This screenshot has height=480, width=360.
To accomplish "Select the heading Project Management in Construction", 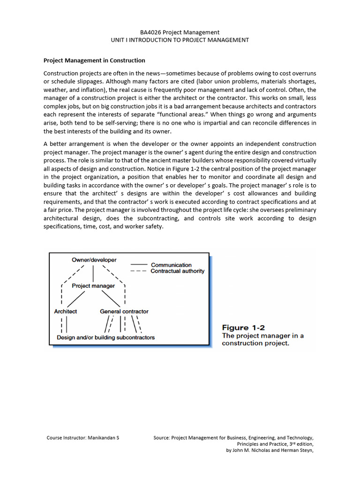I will [x=94, y=60].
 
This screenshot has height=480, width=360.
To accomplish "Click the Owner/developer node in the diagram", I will [x=94, y=260].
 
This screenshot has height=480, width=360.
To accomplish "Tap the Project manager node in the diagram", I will [x=93, y=285].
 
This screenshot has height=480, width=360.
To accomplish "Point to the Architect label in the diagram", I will [x=66, y=311].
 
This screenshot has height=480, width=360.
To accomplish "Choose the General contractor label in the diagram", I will [x=124, y=311].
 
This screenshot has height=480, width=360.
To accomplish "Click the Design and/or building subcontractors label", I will [x=105, y=337].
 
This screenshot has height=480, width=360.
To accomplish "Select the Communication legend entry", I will [x=171, y=265].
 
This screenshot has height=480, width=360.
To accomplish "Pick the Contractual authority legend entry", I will [x=177, y=271].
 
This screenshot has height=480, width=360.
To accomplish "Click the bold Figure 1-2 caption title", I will [x=243, y=327].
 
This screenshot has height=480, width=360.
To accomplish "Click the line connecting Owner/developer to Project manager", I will [x=94, y=272].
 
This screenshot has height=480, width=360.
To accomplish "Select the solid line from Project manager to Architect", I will [x=77, y=299].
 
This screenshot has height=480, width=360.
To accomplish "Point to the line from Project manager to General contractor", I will [x=111, y=299].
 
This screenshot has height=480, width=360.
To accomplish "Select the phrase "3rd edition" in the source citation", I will [x=298, y=443].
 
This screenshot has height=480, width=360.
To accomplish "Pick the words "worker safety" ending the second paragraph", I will [x=145, y=226].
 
